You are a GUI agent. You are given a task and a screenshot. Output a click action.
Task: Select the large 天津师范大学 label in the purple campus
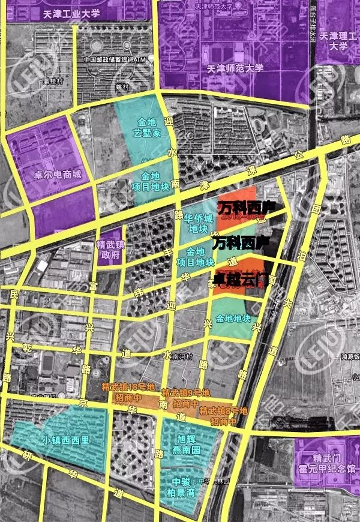(x=234, y=68)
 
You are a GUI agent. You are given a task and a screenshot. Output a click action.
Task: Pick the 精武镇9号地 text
(x=185, y=394)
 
